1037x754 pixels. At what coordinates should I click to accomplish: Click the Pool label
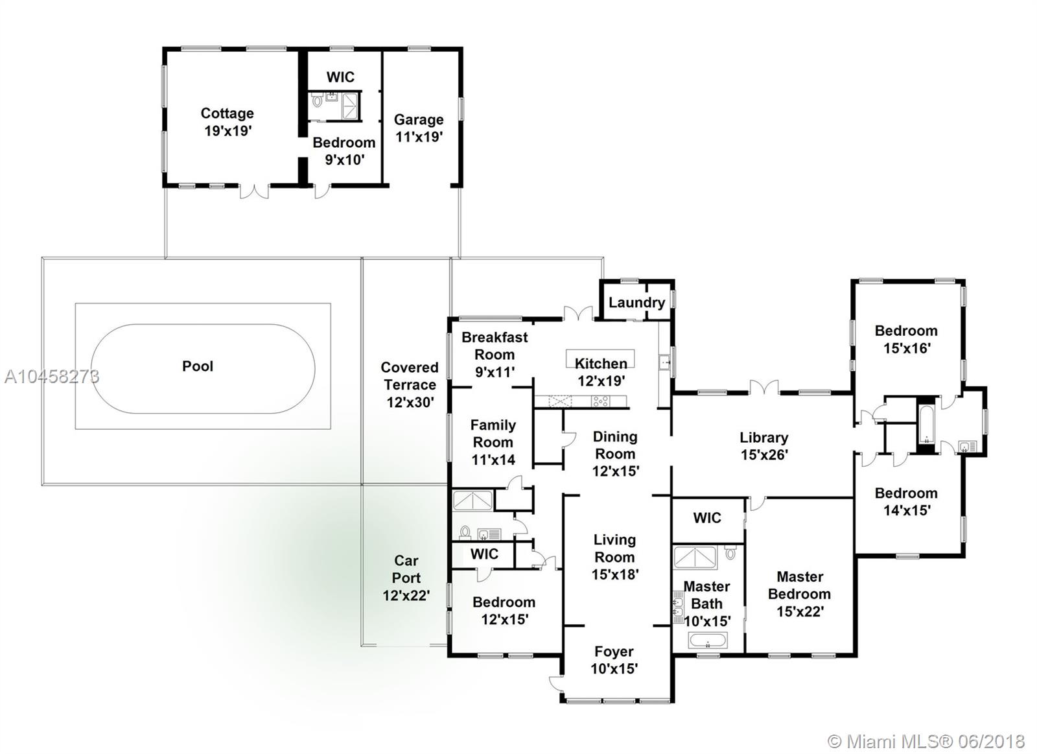click(x=198, y=366)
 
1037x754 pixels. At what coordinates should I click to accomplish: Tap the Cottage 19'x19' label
click(x=227, y=123)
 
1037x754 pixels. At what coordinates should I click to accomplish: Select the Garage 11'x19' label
click(x=419, y=128)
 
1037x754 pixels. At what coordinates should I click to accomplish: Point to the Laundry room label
click(x=636, y=302)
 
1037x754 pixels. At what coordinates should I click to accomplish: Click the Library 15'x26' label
click(x=764, y=446)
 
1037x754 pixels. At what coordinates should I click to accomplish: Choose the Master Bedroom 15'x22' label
click(x=800, y=595)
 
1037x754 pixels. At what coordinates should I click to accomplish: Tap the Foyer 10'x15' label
click(x=614, y=660)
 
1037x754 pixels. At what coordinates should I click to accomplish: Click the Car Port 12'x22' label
click(x=406, y=578)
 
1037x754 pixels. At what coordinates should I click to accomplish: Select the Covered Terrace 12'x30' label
click(x=410, y=385)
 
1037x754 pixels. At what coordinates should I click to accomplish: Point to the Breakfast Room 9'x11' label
click(x=495, y=355)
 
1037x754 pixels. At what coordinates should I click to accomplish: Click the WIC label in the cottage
click(x=340, y=77)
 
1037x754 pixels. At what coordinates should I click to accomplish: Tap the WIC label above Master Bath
click(x=707, y=518)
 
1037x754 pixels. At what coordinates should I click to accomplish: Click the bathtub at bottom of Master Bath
click(x=708, y=641)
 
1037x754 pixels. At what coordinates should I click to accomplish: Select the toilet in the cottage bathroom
click(x=317, y=100)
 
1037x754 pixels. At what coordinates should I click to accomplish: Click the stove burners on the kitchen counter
click(x=600, y=401)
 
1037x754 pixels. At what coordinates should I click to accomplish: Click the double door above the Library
click(x=764, y=387)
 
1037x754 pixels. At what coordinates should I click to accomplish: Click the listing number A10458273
click(x=52, y=377)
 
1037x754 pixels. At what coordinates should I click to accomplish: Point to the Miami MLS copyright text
click(x=926, y=741)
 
